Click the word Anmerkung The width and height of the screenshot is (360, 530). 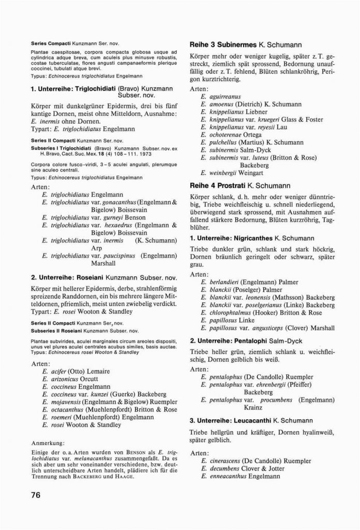(48, 443)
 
